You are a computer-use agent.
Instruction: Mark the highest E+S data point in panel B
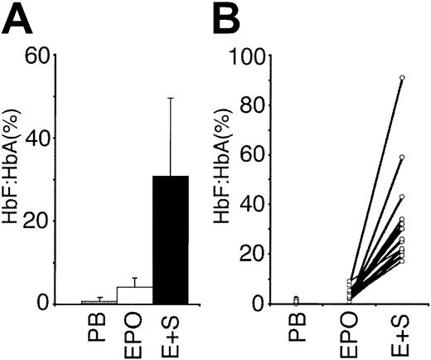click(402, 78)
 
